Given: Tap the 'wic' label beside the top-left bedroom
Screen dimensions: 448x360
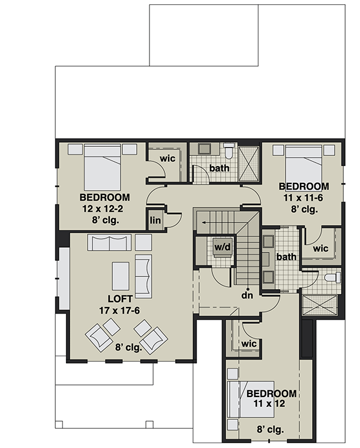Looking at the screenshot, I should tap(167, 158).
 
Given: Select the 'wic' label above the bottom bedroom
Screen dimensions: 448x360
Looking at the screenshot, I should tap(248, 344).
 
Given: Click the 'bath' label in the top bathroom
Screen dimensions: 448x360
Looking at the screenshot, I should tap(220, 169).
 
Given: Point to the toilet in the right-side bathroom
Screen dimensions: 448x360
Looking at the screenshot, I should tap(331, 278).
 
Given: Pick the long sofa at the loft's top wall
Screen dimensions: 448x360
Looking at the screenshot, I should tap(109, 242).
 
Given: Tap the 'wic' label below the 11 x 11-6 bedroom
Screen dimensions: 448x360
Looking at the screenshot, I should tap(321, 247).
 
